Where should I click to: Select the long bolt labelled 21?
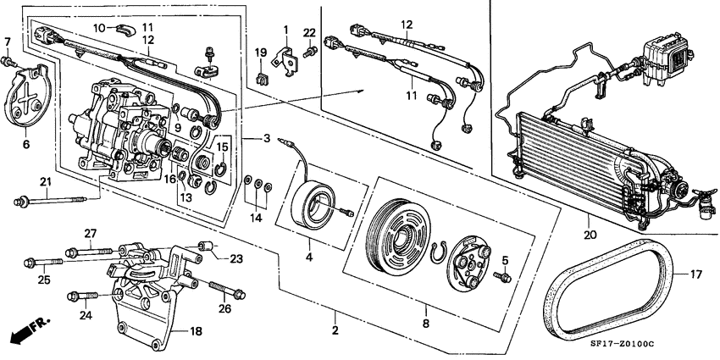(x=51, y=201)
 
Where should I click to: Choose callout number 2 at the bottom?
(x=335, y=330)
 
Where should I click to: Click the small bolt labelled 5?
(x=505, y=278)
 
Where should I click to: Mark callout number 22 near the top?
(x=309, y=32)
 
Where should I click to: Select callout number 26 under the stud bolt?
(x=224, y=308)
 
